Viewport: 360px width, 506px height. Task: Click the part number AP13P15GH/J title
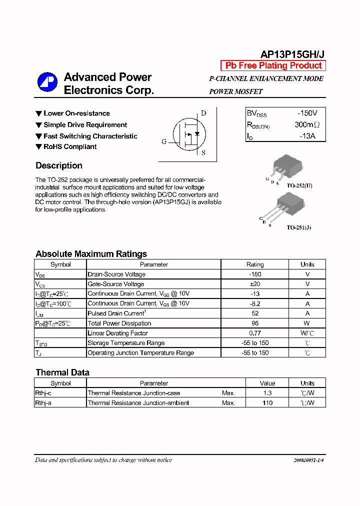pyautogui.click(x=293, y=54)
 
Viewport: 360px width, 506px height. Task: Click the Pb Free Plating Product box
pyautogui.click(x=273, y=65)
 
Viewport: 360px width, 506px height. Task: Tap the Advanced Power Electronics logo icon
pyautogui.click(x=47, y=82)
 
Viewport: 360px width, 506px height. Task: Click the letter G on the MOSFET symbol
pyautogui.click(x=164, y=141)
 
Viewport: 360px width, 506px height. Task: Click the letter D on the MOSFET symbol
pyautogui.click(x=203, y=113)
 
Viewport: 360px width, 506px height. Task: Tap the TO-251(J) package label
pyautogui.click(x=298, y=227)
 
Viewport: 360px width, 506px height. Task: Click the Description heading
pyautogui.click(x=59, y=165)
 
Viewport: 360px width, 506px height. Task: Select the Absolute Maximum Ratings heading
pyautogui.click(x=91, y=253)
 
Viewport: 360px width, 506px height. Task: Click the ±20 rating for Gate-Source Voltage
pyautogui.click(x=254, y=284)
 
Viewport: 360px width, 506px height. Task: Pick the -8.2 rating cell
pyautogui.click(x=254, y=303)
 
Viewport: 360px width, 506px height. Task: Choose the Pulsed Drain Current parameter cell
pyautogui.click(x=116, y=313)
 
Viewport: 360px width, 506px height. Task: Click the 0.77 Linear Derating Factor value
pyautogui.click(x=254, y=333)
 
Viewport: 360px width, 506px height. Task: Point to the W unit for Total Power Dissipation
pyautogui.click(x=307, y=323)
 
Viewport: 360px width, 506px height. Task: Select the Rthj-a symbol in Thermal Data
pyautogui.click(x=43, y=403)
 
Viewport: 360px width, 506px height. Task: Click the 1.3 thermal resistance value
pyautogui.click(x=267, y=393)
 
